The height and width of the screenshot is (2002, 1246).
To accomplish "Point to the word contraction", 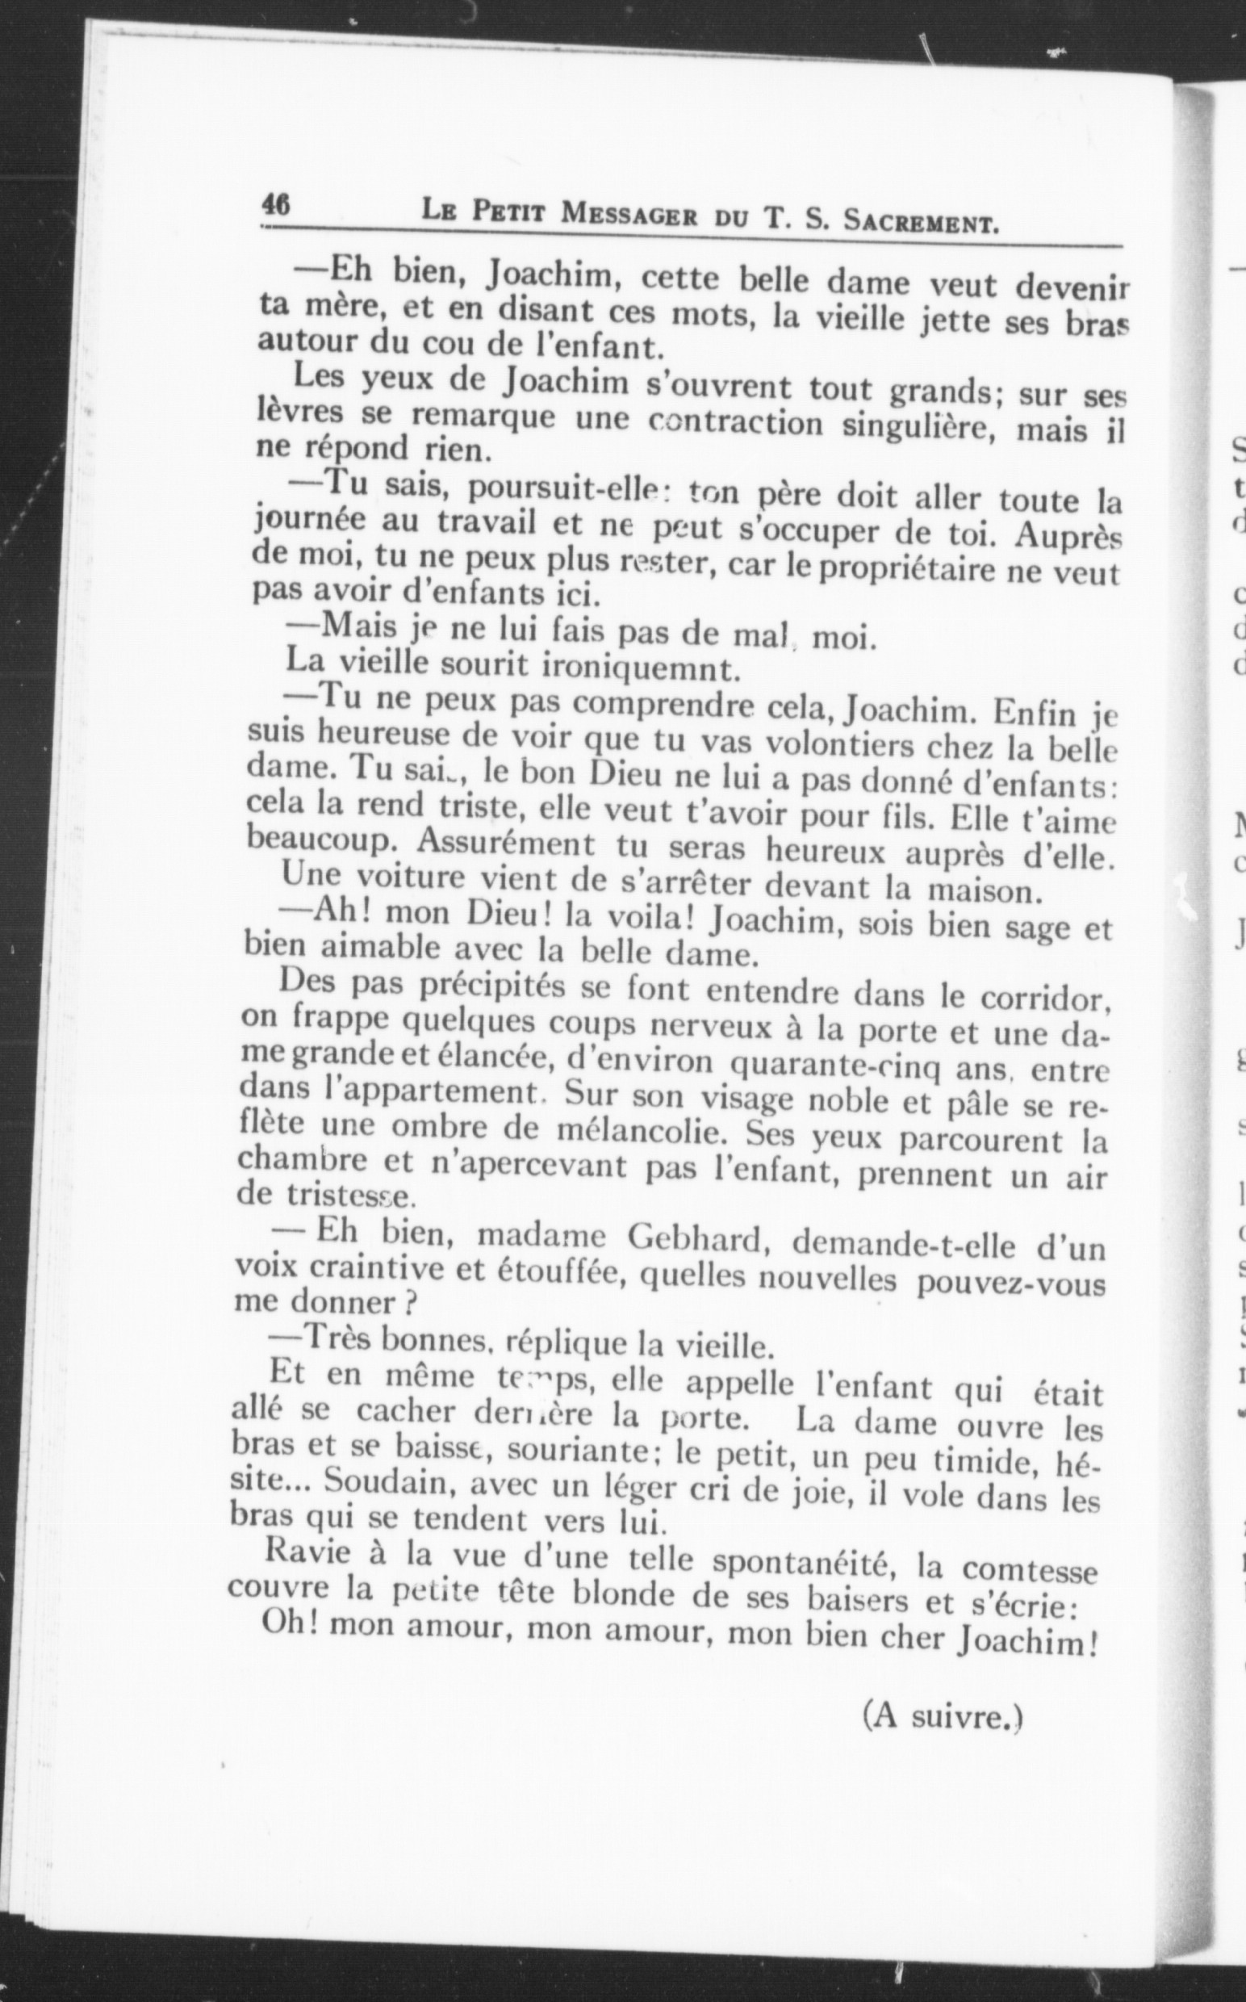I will click(x=735, y=422).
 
